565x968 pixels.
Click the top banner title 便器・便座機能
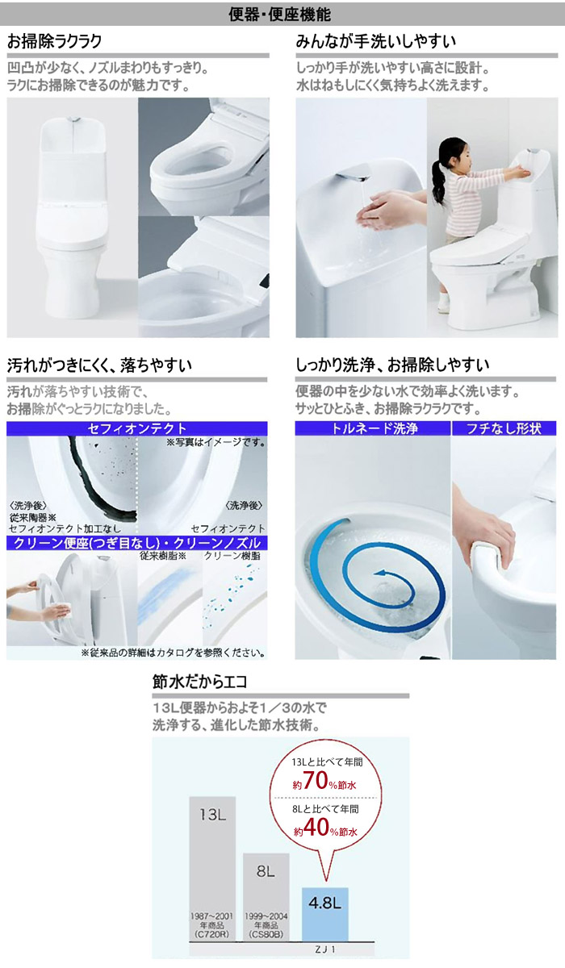coord(280,15)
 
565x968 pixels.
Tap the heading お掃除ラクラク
coord(54,41)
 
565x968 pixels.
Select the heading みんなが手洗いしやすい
coord(376,41)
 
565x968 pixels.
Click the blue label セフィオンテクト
coord(136,428)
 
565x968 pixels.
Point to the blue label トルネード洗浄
coord(373,428)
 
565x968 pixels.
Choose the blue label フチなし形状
coord(504,428)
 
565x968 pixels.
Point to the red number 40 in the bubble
coord(316,828)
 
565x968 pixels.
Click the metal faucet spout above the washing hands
coord(351,176)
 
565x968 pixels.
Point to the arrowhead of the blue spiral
coord(379,573)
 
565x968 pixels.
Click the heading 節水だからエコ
coord(199,682)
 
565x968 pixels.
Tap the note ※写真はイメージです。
coord(216,443)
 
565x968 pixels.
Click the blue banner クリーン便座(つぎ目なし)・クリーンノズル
coord(136,543)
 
